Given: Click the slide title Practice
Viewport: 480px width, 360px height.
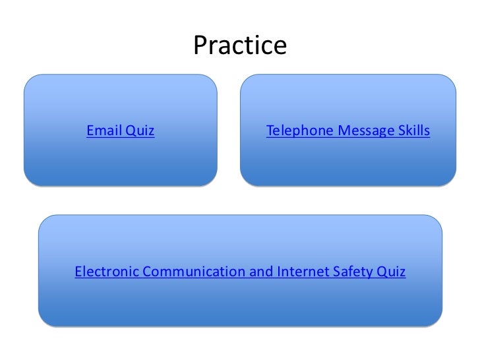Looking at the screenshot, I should click(x=240, y=45).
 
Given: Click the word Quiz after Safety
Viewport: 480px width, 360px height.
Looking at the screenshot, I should click(x=392, y=271).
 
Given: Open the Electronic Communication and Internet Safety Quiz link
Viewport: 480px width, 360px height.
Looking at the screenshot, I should click(x=240, y=271).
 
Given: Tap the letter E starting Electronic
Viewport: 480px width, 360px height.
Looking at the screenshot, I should click(x=78, y=271).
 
